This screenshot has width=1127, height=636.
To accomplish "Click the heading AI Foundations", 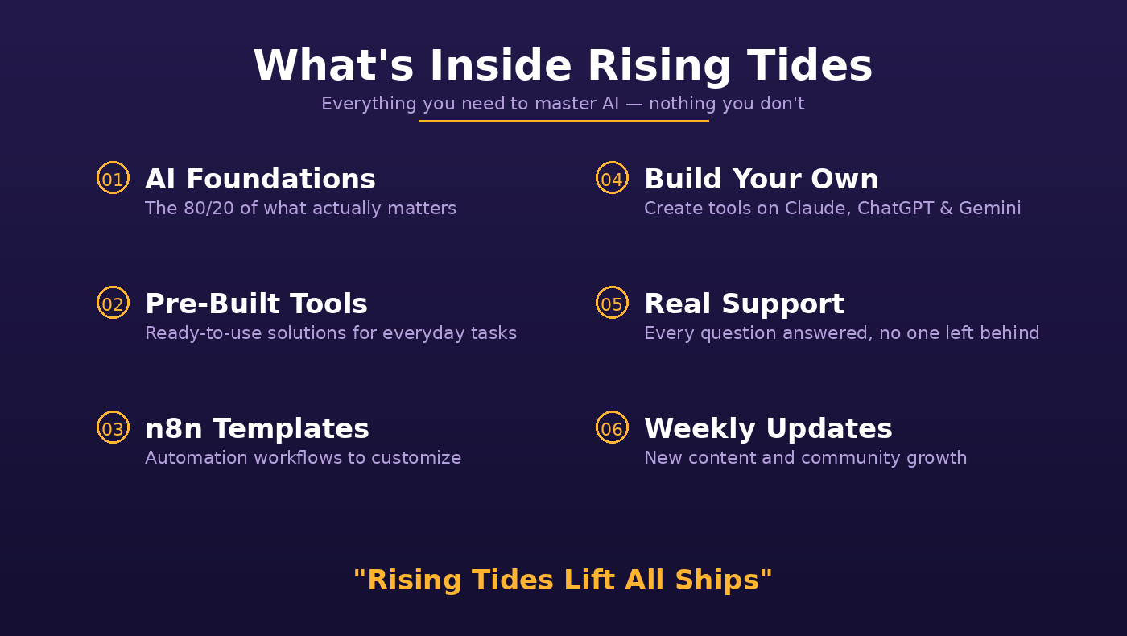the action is click(x=260, y=179).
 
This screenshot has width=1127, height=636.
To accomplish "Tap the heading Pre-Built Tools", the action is click(x=256, y=304).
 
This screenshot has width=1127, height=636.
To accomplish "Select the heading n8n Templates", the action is click(x=257, y=428).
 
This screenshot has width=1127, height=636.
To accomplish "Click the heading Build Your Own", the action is click(x=762, y=179).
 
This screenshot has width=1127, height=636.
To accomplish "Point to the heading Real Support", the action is click(x=744, y=304).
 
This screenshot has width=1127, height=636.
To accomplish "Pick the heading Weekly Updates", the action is click(x=768, y=429).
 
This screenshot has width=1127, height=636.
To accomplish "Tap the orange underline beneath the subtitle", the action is click(x=563, y=122).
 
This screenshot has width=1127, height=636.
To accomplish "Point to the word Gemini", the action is click(x=989, y=209).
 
